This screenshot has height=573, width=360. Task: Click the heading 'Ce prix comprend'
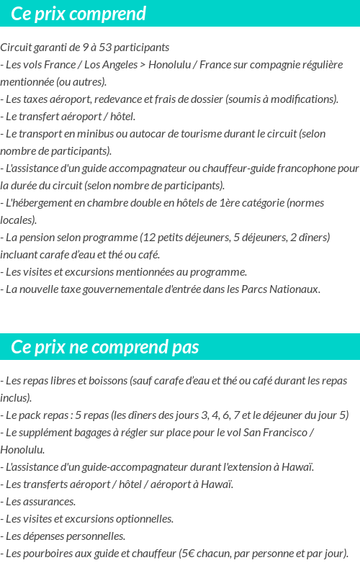tap(78, 14)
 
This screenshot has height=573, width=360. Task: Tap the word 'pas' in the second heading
tap(185, 347)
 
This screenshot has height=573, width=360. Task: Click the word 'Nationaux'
tap(294, 289)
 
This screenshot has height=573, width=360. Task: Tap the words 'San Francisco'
tap(275, 433)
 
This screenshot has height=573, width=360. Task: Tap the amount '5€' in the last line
tap(187, 554)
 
